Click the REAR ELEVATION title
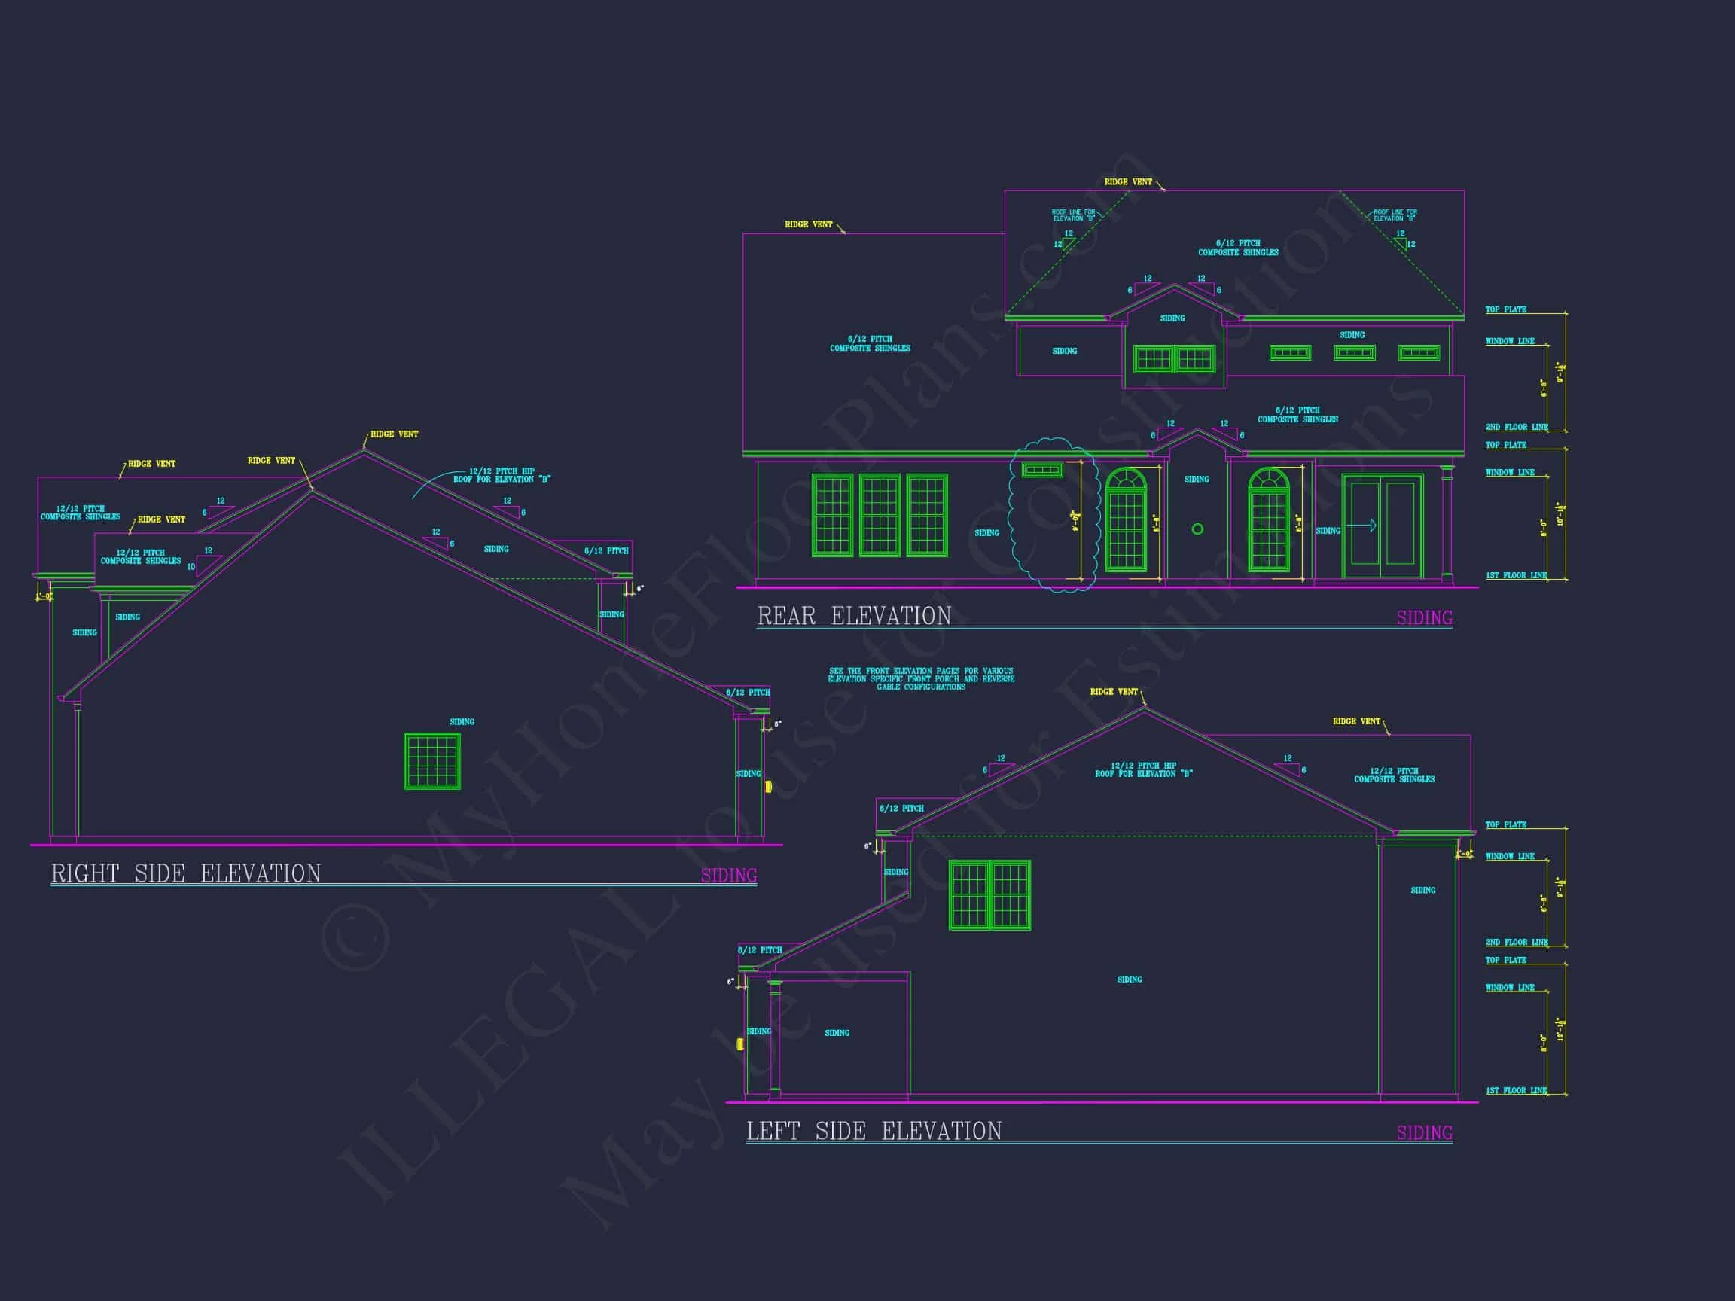[853, 617]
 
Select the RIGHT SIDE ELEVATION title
[186, 873]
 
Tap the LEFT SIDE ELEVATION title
[874, 1131]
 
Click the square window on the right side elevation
[432, 760]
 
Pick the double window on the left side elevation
[989, 894]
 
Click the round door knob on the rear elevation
[1197, 529]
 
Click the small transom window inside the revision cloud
[1042, 471]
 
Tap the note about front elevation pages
[921, 679]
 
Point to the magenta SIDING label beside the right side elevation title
[729, 875]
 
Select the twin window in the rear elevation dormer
[1173, 360]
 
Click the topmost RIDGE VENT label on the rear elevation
[1128, 182]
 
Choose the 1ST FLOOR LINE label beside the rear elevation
[1515, 576]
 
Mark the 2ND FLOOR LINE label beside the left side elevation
[1515, 942]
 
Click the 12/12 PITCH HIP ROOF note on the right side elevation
[502, 475]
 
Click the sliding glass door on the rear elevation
[1382, 526]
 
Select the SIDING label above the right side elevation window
[462, 721]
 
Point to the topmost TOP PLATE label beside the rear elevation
[1505, 309]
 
